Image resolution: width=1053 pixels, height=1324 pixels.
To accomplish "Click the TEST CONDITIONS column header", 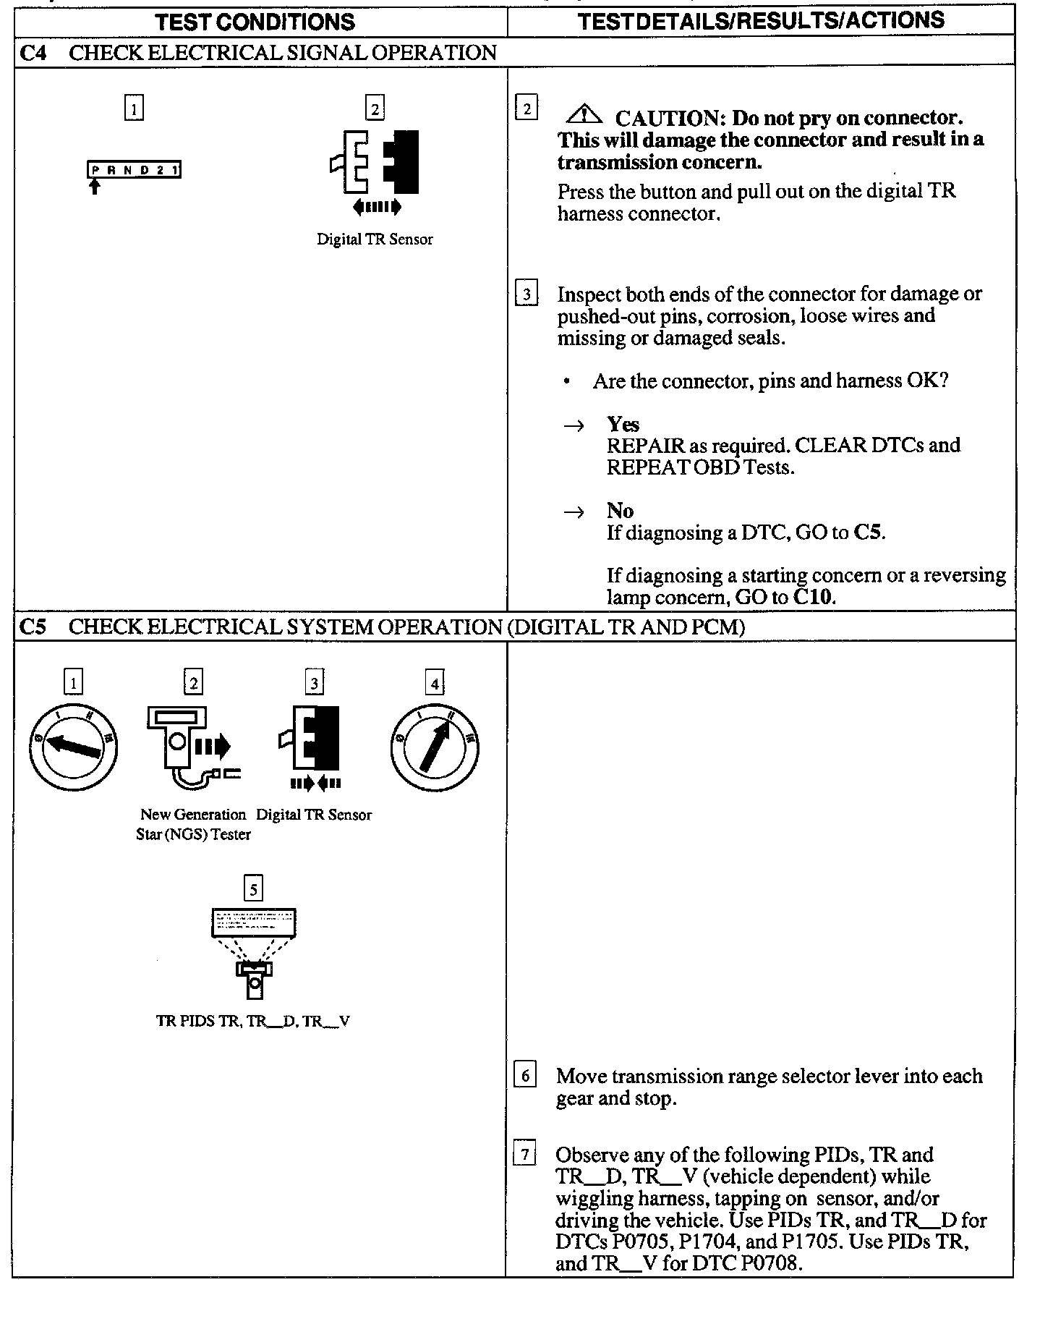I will tap(255, 22).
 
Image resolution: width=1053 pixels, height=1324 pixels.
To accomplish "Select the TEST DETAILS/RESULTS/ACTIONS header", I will tap(762, 20).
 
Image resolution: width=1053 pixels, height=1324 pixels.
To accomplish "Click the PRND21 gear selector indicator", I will tap(134, 170).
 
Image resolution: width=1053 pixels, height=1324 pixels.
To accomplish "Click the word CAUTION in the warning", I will tap(670, 118).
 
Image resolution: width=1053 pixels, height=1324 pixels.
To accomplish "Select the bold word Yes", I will tap(623, 424).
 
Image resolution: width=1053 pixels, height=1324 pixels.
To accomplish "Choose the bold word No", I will tap(620, 511).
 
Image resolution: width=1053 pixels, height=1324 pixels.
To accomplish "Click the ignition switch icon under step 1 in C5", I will tap(72, 747).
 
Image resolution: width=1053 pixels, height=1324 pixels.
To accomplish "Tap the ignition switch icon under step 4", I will tap(435, 747).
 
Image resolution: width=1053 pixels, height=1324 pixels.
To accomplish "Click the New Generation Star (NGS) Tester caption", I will tap(193, 824).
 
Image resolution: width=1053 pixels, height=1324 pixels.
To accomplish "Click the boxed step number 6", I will tap(524, 1076).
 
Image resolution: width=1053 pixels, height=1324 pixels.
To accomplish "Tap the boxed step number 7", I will tap(524, 1154).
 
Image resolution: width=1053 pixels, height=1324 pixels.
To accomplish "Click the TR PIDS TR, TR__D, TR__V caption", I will tap(253, 1021).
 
